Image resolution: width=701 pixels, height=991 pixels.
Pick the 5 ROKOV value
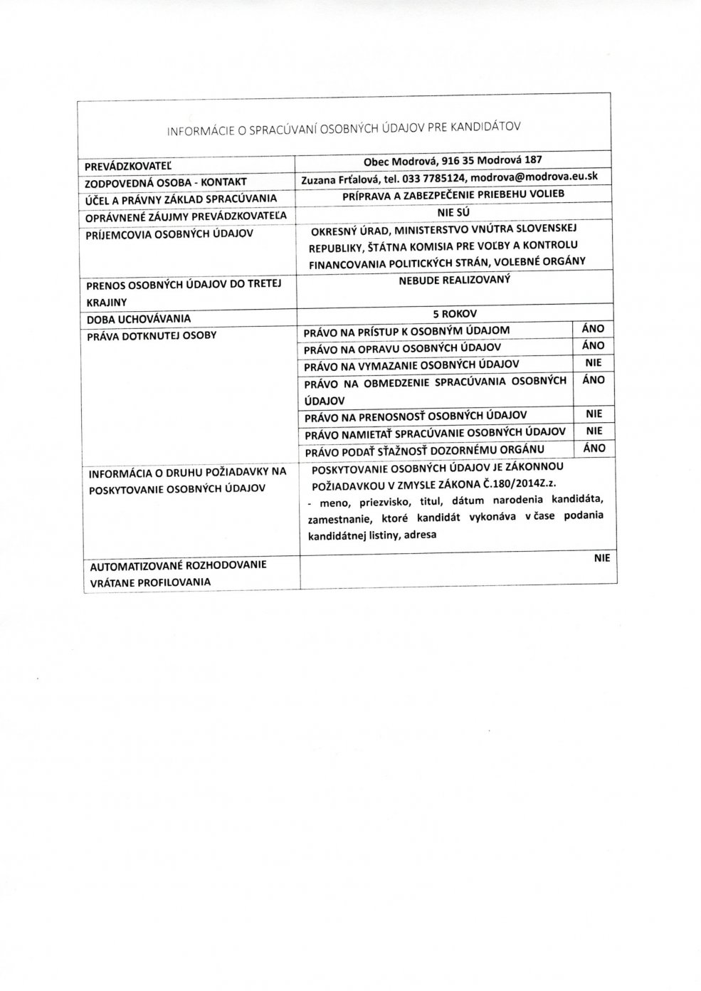tap(453, 313)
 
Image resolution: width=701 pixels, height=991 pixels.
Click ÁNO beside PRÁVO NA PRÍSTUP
tap(593, 329)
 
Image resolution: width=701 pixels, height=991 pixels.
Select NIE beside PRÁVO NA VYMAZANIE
tap(593, 362)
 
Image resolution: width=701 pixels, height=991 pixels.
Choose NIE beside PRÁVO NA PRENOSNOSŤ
tap(593, 413)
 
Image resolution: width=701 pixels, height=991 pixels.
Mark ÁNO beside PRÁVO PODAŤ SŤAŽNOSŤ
tap(593, 448)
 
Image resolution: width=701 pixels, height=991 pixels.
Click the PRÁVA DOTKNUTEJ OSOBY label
tap(151, 334)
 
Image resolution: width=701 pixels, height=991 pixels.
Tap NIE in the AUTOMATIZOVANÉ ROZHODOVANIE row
tap(602, 560)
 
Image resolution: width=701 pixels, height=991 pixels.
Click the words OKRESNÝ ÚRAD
tap(350, 231)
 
